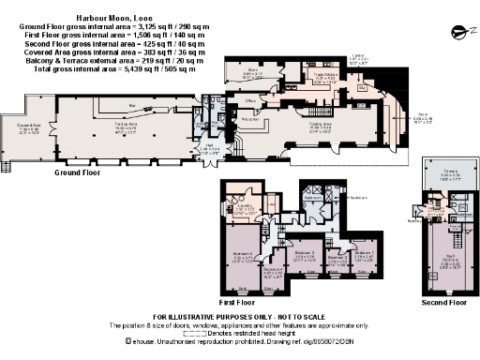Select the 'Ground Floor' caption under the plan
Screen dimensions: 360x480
(x=78, y=172)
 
